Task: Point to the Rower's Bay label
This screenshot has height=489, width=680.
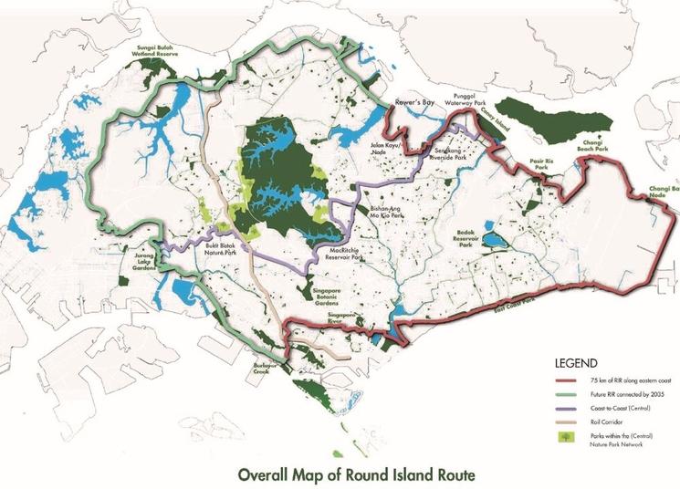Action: [412, 101]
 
